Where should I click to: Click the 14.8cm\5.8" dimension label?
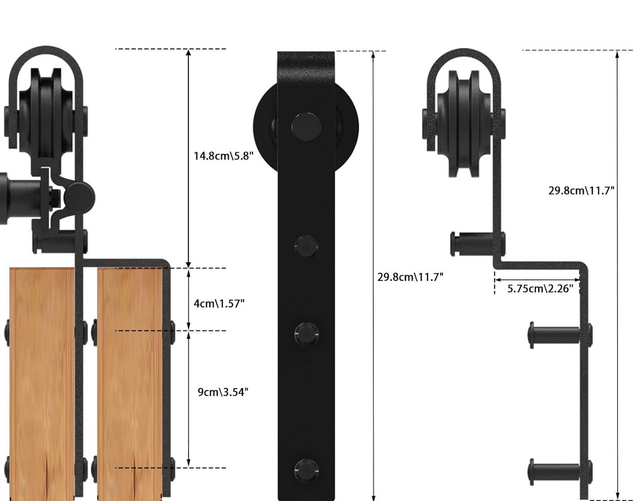coord(223,156)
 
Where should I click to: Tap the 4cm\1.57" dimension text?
coord(219,303)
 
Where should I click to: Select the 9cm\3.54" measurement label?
coord(223,392)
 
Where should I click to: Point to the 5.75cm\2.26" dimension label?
coord(540,288)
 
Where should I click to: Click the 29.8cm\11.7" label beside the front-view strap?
coord(410,277)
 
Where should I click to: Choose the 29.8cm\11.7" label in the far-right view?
coord(581,191)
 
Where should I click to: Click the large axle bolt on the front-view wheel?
coord(306,127)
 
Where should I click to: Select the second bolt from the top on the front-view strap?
coord(306,247)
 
